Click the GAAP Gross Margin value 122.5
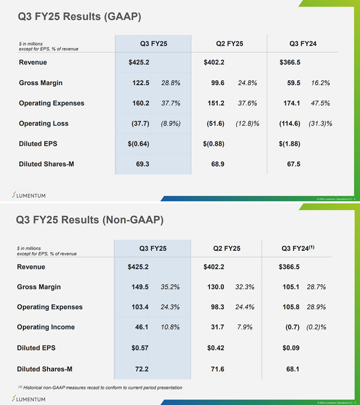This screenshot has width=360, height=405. [141, 83]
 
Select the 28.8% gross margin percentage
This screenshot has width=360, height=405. [171, 83]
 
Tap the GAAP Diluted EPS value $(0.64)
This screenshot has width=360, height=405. [139, 143]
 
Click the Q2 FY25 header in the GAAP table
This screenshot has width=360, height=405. [229, 44]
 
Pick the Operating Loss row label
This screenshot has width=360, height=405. [44, 124]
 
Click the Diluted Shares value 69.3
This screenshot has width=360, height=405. [142, 164]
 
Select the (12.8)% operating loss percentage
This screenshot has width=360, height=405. [247, 124]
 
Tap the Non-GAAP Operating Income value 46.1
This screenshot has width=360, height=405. [140, 328]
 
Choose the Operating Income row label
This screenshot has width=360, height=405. [47, 328]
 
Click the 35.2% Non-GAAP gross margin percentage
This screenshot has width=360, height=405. [170, 287]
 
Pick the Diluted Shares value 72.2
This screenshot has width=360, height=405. [140, 368]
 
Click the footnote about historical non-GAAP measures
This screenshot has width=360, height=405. [99, 388]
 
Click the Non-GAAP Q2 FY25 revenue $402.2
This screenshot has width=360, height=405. [215, 267]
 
